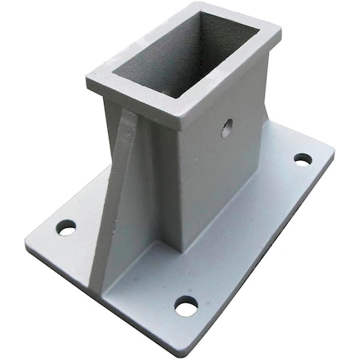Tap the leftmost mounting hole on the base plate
click(x=66, y=227)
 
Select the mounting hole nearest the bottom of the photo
click(x=186, y=305)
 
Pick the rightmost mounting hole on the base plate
click(x=302, y=158)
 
